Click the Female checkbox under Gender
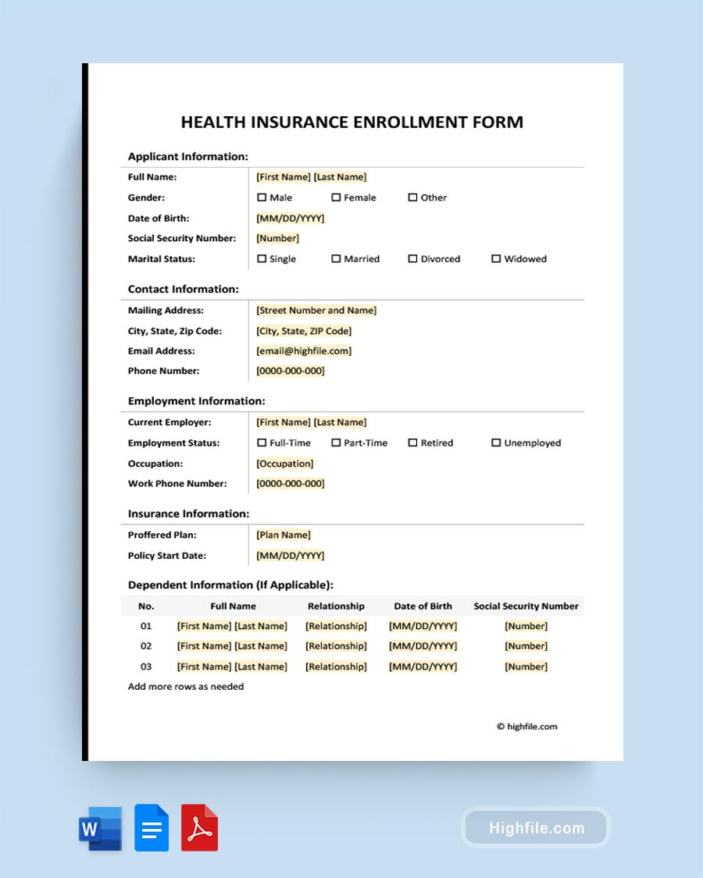(x=336, y=197)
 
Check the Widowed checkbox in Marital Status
(x=496, y=258)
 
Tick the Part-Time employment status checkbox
(x=336, y=443)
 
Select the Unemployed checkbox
(x=496, y=443)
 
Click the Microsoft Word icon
(x=101, y=828)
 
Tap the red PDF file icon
(x=199, y=828)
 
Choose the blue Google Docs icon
(x=152, y=828)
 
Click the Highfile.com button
(x=536, y=828)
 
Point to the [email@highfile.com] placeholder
(x=304, y=351)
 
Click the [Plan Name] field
(x=284, y=535)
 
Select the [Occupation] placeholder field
(x=285, y=464)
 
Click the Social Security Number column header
(x=526, y=606)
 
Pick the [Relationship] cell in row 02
(x=336, y=646)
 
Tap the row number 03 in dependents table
(x=146, y=666)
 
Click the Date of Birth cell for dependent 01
(x=423, y=626)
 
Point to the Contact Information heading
(x=184, y=289)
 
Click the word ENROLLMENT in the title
(x=412, y=122)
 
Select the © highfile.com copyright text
(x=527, y=727)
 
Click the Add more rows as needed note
(x=186, y=687)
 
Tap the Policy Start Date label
(x=167, y=556)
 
